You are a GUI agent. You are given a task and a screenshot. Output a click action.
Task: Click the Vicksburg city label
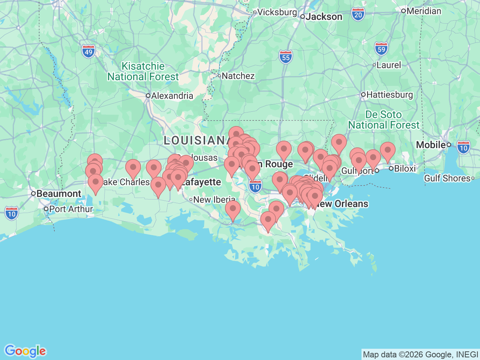pos(277,12)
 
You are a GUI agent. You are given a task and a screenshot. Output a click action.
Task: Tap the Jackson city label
pos(324,17)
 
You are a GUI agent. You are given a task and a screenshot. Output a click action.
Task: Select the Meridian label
pos(423,11)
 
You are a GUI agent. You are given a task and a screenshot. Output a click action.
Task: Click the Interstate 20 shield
pos(358,15)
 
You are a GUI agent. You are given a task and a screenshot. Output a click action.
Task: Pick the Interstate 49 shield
pos(88,52)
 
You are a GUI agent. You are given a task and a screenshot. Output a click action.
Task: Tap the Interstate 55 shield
pos(286,57)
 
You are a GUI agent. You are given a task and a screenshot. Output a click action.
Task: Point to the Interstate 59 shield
pos(381,49)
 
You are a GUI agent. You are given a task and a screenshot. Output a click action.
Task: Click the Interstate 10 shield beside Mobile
pos(463,147)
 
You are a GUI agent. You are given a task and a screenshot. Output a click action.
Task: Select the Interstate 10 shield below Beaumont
pos(12,214)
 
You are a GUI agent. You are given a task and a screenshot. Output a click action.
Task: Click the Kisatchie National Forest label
pos(143,71)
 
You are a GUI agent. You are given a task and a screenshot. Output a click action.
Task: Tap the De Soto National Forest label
pos(384,120)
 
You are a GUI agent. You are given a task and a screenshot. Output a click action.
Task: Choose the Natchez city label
pos(238,76)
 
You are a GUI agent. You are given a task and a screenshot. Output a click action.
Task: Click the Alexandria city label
pos(172,96)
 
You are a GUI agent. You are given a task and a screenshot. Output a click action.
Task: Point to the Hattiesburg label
pos(389,94)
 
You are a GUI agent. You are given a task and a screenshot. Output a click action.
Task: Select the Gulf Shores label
pos(447,178)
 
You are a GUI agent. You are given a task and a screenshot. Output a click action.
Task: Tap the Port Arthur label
pos(70,209)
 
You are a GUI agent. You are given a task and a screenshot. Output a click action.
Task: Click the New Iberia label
pos(214,199)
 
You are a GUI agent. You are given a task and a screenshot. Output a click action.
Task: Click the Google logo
pos(25,351)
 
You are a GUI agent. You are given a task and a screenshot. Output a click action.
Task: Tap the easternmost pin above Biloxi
pos(387,150)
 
